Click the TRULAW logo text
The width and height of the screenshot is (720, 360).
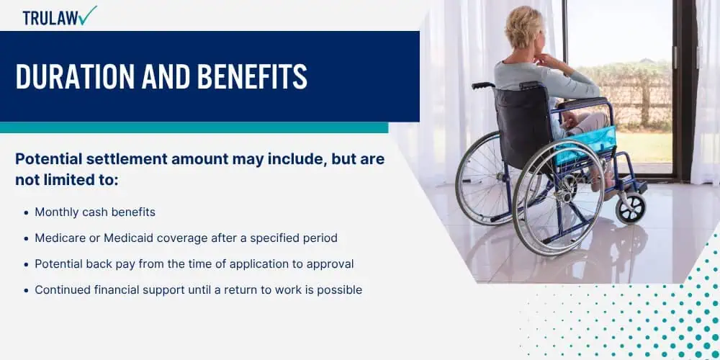coord(50,17)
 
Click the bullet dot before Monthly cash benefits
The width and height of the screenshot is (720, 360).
coord(26,213)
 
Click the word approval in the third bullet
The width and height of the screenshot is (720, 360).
coord(330,264)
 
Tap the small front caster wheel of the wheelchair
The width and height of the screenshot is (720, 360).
coord(631,208)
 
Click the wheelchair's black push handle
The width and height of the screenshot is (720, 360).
coord(482,86)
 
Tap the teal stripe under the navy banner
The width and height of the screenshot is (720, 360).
coord(194,127)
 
